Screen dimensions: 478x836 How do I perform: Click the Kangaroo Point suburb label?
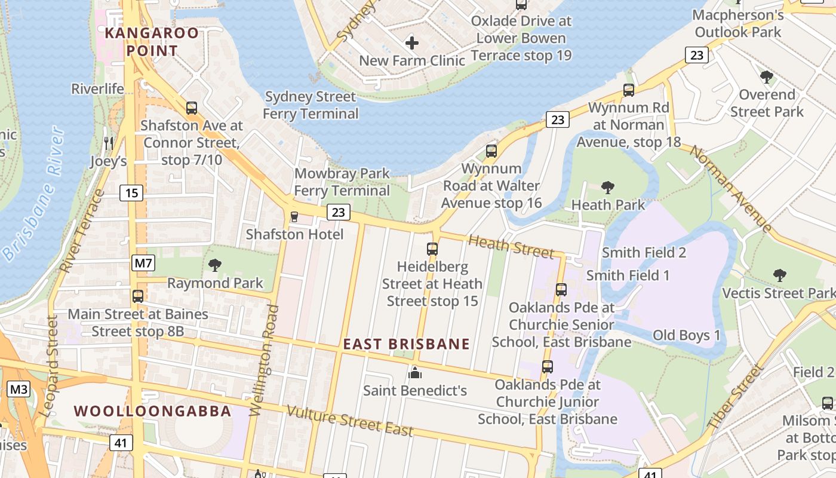coord(151,42)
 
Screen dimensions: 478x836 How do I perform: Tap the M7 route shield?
coord(142,263)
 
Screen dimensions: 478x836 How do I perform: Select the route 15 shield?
coord(131,193)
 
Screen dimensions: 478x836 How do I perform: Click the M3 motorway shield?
coord(19,390)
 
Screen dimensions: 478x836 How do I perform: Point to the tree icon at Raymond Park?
coord(214,265)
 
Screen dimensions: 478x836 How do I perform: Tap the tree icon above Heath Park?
coord(608,188)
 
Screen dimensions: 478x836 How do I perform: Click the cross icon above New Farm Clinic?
coord(411,43)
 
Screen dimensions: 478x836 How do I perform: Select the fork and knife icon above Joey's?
coord(108,143)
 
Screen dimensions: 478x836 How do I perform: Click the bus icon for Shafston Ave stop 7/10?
coord(191,108)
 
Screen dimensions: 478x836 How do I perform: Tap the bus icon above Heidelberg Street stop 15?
coord(432,249)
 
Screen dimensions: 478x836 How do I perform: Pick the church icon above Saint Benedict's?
coord(414,373)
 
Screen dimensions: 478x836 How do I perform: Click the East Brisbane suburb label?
coord(406,344)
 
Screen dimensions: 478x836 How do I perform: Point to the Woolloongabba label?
coord(152,411)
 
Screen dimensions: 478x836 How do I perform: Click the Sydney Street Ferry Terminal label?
coord(311,105)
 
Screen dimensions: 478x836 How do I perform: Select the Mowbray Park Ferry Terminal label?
coord(342,182)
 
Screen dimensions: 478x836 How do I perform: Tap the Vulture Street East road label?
coord(350,421)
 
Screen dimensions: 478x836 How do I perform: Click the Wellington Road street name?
coord(263,360)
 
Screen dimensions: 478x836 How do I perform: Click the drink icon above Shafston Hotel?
coord(294,216)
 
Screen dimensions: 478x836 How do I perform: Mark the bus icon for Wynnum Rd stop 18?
coord(628,90)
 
